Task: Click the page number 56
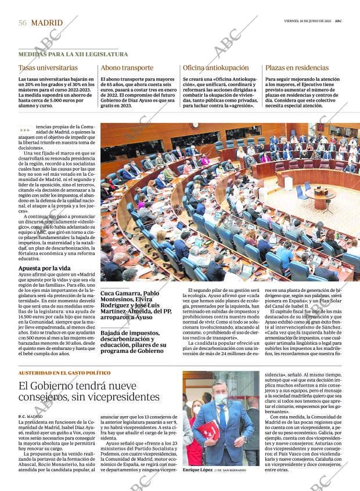[x=23, y=23]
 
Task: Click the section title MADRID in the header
[x=46, y=23]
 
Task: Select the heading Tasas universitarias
[x=48, y=67]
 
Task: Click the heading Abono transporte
[x=127, y=67]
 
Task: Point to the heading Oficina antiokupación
[x=215, y=67]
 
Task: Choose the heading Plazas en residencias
[x=297, y=67]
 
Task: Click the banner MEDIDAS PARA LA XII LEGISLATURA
[x=73, y=54]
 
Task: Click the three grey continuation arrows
[x=25, y=130]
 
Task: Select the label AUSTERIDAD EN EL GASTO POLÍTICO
[x=64, y=373]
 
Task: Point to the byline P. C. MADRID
[x=30, y=416]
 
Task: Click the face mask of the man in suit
[x=221, y=399]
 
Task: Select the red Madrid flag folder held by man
[x=208, y=430]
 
